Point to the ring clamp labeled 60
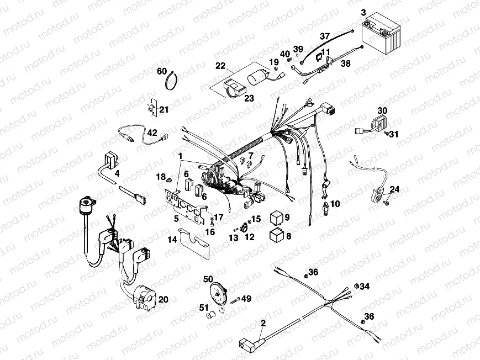pos(173,83)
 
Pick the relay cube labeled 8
pos(276,235)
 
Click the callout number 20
pos(163,299)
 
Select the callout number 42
pos(151,133)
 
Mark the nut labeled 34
pos(357,287)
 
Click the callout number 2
pos(263,324)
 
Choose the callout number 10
pos(335,204)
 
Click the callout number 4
pos(116,173)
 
